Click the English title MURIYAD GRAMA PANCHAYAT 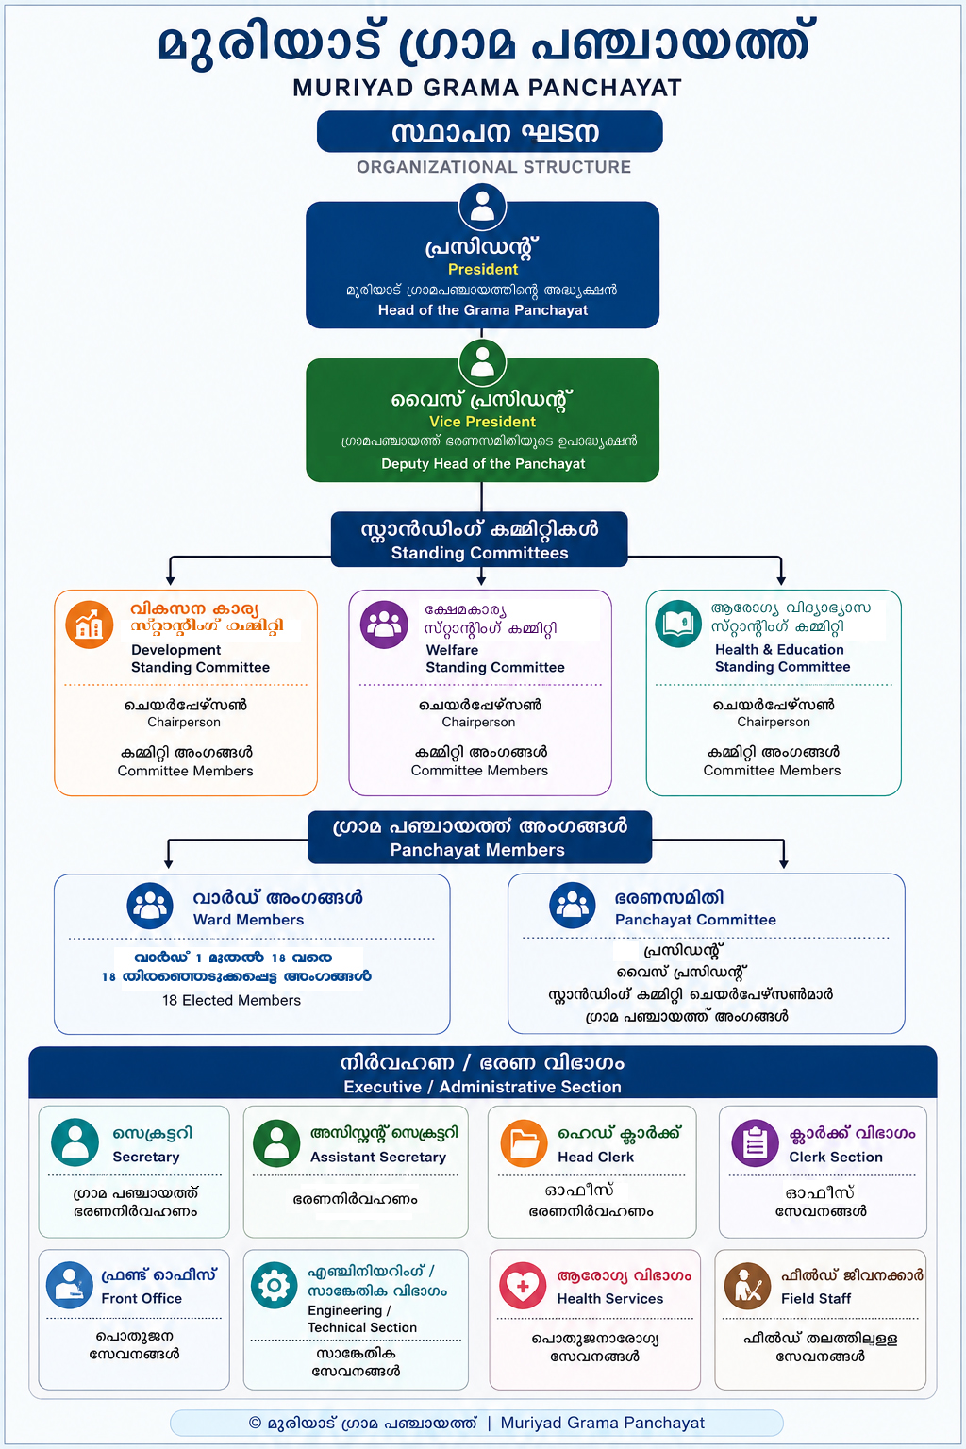click(487, 88)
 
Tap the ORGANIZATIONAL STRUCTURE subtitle click(493, 167)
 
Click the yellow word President click(483, 269)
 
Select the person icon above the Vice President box click(482, 363)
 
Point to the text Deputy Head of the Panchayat click(483, 464)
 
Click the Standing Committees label click(479, 553)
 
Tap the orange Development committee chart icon click(90, 625)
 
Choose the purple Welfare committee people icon click(384, 625)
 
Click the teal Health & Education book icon click(678, 625)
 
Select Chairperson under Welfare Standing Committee click(479, 722)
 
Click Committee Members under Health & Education click(772, 771)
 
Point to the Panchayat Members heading click(477, 850)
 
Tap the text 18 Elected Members click(232, 1000)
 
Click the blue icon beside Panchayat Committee click(573, 906)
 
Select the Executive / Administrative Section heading click(483, 1087)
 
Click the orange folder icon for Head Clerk click(525, 1143)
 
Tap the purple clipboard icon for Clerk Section click(755, 1143)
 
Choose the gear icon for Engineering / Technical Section click(275, 1286)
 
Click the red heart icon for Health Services click(523, 1286)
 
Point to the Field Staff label click(816, 1298)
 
